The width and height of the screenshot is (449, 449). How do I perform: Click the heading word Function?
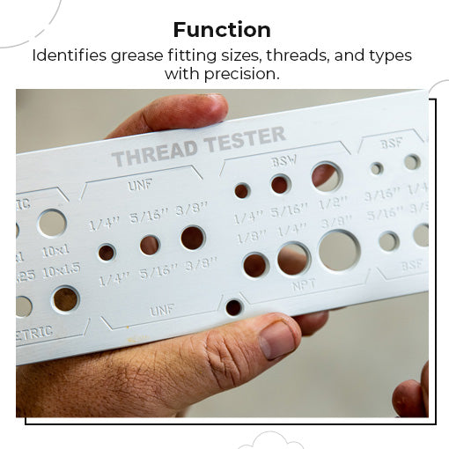click(x=221, y=29)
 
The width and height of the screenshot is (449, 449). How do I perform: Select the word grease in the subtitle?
click(x=138, y=55)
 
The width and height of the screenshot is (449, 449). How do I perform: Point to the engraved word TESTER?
click(x=244, y=139)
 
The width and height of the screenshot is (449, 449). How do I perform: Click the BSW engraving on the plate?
click(x=283, y=163)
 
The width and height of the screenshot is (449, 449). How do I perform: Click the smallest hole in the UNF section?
click(x=107, y=253)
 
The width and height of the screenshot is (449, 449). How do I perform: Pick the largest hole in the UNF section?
click(x=193, y=238)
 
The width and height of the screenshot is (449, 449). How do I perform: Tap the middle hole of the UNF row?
click(x=150, y=245)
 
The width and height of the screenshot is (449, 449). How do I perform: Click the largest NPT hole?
click(x=339, y=250)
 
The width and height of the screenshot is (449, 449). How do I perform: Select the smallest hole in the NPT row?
click(x=255, y=264)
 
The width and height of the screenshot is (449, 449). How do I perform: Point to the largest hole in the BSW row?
click(x=327, y=177)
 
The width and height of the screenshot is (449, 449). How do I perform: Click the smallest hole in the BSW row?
click(x=242, y=190)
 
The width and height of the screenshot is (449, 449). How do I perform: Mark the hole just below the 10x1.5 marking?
click(x=65, y=298)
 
